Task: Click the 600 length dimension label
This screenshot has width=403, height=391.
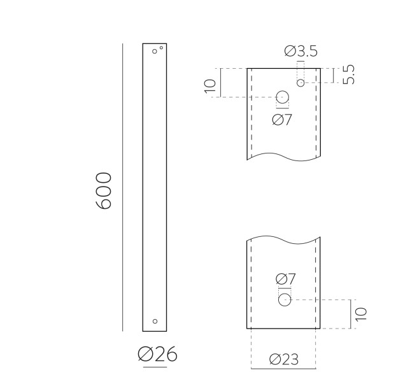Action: pyautogui.click(x=103, y=190)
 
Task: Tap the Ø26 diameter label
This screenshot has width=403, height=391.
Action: pyautogui.click(x=157, y=354)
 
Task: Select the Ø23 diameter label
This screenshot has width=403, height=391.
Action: pyautogui.click(x=284, y=359)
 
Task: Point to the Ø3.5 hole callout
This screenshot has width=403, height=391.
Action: pyautogui.click(x=301, y=52)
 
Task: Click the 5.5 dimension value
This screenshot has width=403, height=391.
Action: pyautogui.click(x=349, y=75)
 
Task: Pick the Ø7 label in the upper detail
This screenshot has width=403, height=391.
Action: pyautogui.click(x=282, y=120)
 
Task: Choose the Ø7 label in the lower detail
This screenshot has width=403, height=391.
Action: pyautogui.click(x=286, y=279)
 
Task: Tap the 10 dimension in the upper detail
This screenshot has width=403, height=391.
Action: pyautogui.click(x=210, y=86)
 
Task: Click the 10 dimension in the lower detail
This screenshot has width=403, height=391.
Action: pyautogui.click(x=361, y=314)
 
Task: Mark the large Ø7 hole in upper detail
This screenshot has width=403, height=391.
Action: pyautogui.click(x=283, y=97)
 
